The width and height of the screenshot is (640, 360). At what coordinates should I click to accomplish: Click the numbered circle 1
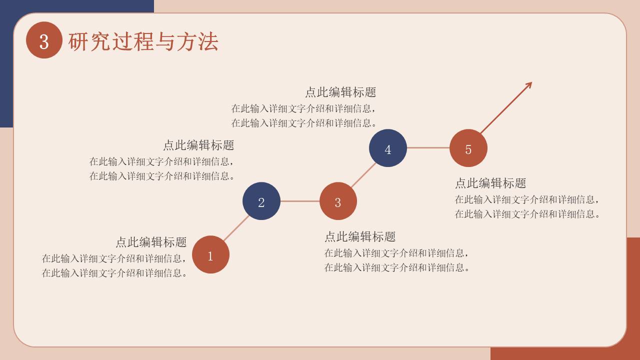210,255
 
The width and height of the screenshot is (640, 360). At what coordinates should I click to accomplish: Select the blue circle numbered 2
261,201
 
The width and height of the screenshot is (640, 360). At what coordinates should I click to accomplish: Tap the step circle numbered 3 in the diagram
338,201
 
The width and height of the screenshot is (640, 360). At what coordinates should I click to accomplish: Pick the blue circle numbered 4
388,148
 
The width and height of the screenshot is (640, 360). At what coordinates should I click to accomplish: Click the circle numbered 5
468,148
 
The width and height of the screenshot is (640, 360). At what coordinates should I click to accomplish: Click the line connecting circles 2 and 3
300,201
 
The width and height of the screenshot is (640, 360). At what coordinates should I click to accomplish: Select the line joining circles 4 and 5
428,148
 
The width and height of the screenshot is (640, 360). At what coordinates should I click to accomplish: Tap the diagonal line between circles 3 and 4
363,174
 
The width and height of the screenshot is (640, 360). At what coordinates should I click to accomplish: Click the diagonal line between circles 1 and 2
236,228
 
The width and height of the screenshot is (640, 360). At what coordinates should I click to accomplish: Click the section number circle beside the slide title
44,40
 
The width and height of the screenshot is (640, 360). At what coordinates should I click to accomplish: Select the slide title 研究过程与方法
143,41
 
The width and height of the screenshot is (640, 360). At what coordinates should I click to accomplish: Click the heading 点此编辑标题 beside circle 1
151,242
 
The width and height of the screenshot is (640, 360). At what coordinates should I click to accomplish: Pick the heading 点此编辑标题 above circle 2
198,145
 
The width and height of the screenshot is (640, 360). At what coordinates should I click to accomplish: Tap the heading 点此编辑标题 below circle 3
360,236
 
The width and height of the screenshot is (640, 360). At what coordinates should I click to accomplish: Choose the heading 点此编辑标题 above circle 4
340,92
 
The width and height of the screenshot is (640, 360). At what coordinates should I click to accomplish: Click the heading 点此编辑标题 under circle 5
490,183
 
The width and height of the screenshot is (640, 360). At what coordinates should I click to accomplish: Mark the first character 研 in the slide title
78,41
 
